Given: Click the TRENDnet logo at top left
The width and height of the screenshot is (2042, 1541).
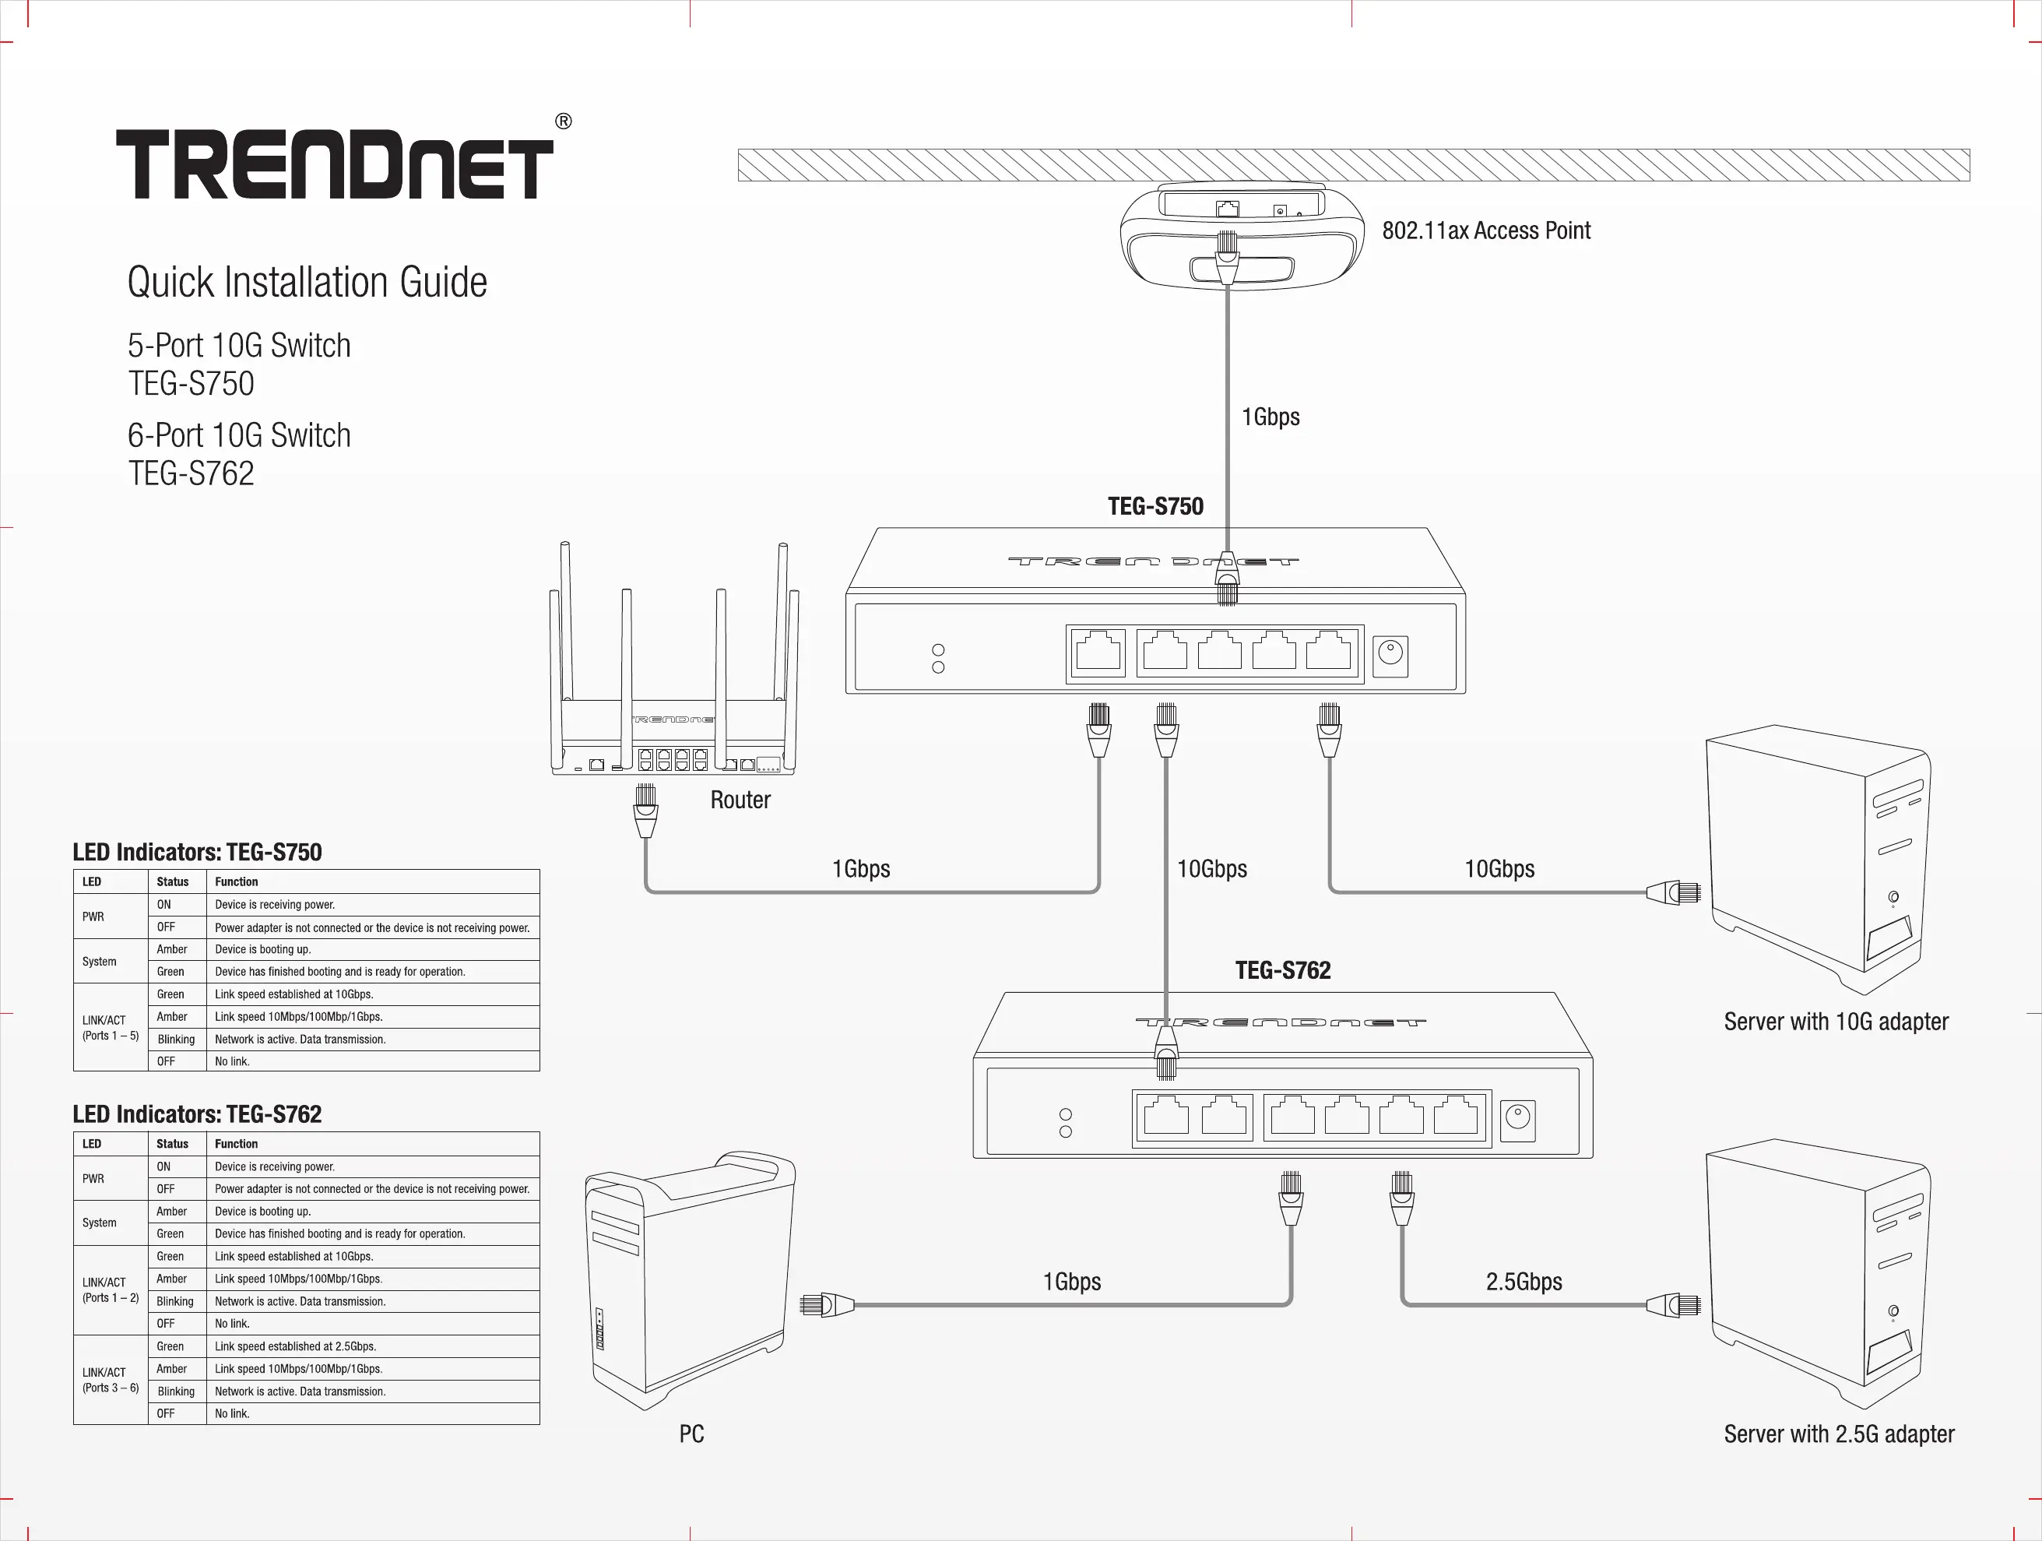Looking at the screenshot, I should (x=334, y=164).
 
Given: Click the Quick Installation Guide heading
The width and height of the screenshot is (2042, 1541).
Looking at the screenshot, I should (x=307, y=283).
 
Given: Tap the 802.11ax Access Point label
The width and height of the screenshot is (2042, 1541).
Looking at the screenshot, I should (x=1485, y=230).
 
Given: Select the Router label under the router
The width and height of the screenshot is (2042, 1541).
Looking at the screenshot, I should (x=740, y=800).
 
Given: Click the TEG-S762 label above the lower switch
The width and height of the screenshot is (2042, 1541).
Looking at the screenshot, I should (x=1282, y=970).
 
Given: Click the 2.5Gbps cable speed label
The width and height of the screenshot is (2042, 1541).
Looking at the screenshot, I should (x=1524, y=1282).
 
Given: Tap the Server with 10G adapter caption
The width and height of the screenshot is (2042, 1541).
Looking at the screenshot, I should (x=1835, y=1022).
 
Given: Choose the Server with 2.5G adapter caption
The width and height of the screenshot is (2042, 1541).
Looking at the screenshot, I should (x=1838, y=1434).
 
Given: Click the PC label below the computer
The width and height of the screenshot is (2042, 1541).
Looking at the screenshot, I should (x=691, y=1434).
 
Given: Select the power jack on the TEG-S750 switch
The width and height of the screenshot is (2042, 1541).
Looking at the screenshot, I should (x=1390, y=656).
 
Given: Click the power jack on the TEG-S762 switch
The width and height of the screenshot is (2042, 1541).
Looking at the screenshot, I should (x=1517, y=1120).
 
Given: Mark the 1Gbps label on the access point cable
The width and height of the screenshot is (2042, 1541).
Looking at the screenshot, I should (x=1271, y=417).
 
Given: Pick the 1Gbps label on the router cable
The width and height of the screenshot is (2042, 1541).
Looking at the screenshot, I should (x=860, y=869).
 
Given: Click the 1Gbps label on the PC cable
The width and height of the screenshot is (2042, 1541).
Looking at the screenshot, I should (x=1072, y=1282).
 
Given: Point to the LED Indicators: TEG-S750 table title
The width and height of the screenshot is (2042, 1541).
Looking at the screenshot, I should (x=198, y=852).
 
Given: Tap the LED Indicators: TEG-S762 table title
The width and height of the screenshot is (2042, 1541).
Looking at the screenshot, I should (x=198, y=1114).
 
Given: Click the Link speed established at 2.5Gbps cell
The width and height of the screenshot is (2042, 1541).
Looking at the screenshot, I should (x=295, y=1347).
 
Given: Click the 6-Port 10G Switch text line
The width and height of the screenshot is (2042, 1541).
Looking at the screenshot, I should (x=239, y=436).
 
